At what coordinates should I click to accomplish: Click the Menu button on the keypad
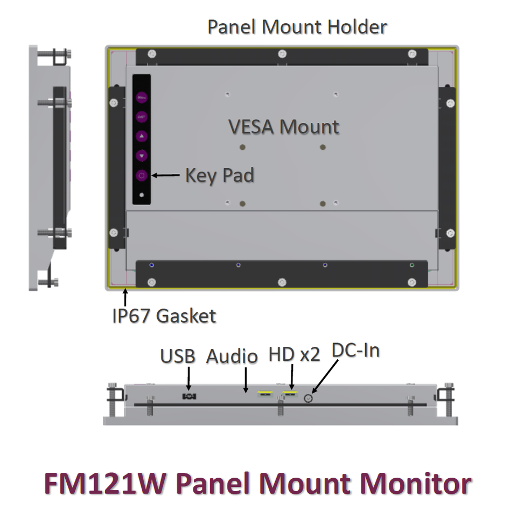click(x=142, y=98)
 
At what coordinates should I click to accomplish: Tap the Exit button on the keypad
click(x=142, y=116)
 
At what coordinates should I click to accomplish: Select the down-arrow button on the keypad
click(x=142, y=156)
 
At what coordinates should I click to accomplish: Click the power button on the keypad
click(x=142, y=176)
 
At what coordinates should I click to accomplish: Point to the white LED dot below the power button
click(x=142, y=195)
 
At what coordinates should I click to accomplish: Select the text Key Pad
click(x=220, y=175)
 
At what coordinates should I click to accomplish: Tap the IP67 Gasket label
click(x=164, y=315)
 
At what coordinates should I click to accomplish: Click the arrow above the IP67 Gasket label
click(x=125, y=297)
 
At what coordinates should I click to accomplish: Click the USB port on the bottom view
click(x=189, y=396)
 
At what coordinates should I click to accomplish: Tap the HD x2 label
click(x=294, y=354)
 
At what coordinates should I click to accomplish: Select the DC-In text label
click(x=355, y=351)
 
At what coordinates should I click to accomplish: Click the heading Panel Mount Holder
click(x=297, y=26)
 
